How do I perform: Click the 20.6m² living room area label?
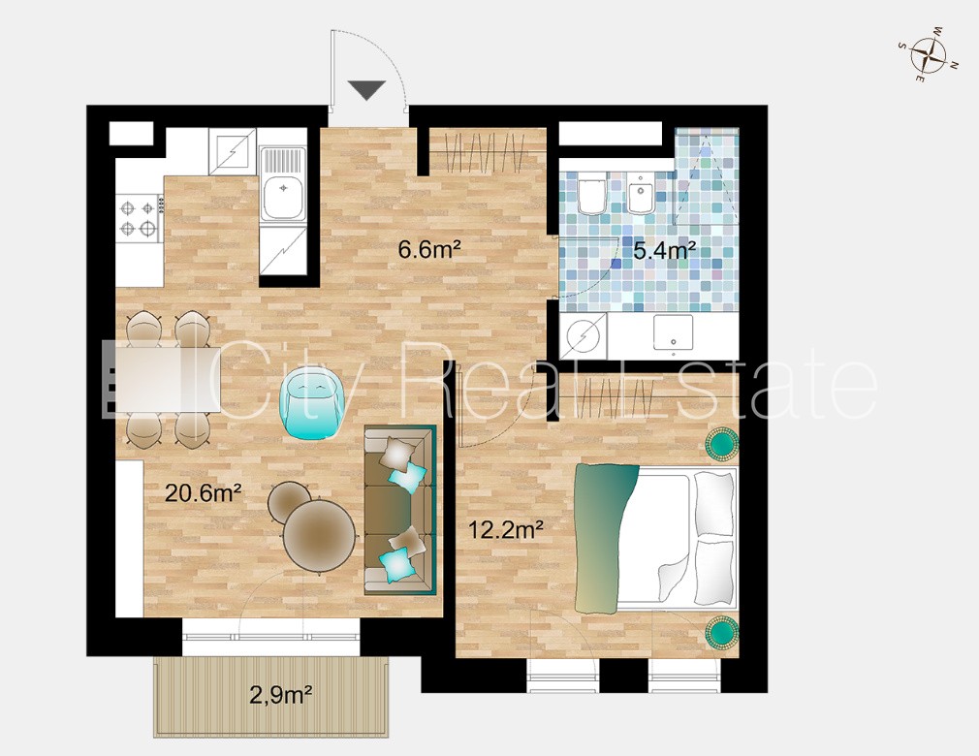click(x=203, y=493)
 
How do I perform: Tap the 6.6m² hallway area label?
click(x=429, y=250)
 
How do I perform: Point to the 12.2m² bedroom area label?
click(x=506, y=530)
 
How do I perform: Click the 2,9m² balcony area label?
click(x=281, y=694)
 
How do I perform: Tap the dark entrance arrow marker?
click(x=366, y=90)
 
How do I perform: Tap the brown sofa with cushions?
click(x=399, y=510)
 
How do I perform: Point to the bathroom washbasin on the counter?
click(x=673, y=331)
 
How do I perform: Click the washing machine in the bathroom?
click(x=584, y=336)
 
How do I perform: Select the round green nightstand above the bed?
click(x=722, y=445)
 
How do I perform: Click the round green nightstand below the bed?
click(x=722, y=632)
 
